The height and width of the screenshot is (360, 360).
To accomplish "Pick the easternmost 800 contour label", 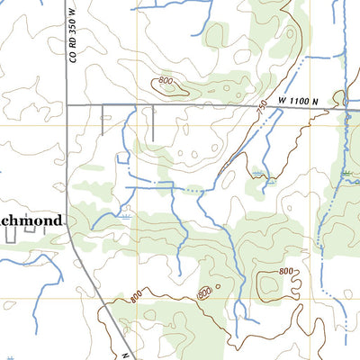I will (285, 272).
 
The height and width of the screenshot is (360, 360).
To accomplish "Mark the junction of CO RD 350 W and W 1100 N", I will (69, 105).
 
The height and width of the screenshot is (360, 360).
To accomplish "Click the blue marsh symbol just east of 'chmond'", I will (125, 217).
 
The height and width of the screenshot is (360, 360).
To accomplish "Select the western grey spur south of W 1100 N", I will (103, 119).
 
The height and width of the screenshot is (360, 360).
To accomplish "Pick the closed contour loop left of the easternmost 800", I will (266, 286).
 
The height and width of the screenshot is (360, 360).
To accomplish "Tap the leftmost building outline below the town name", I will (12, 236).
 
